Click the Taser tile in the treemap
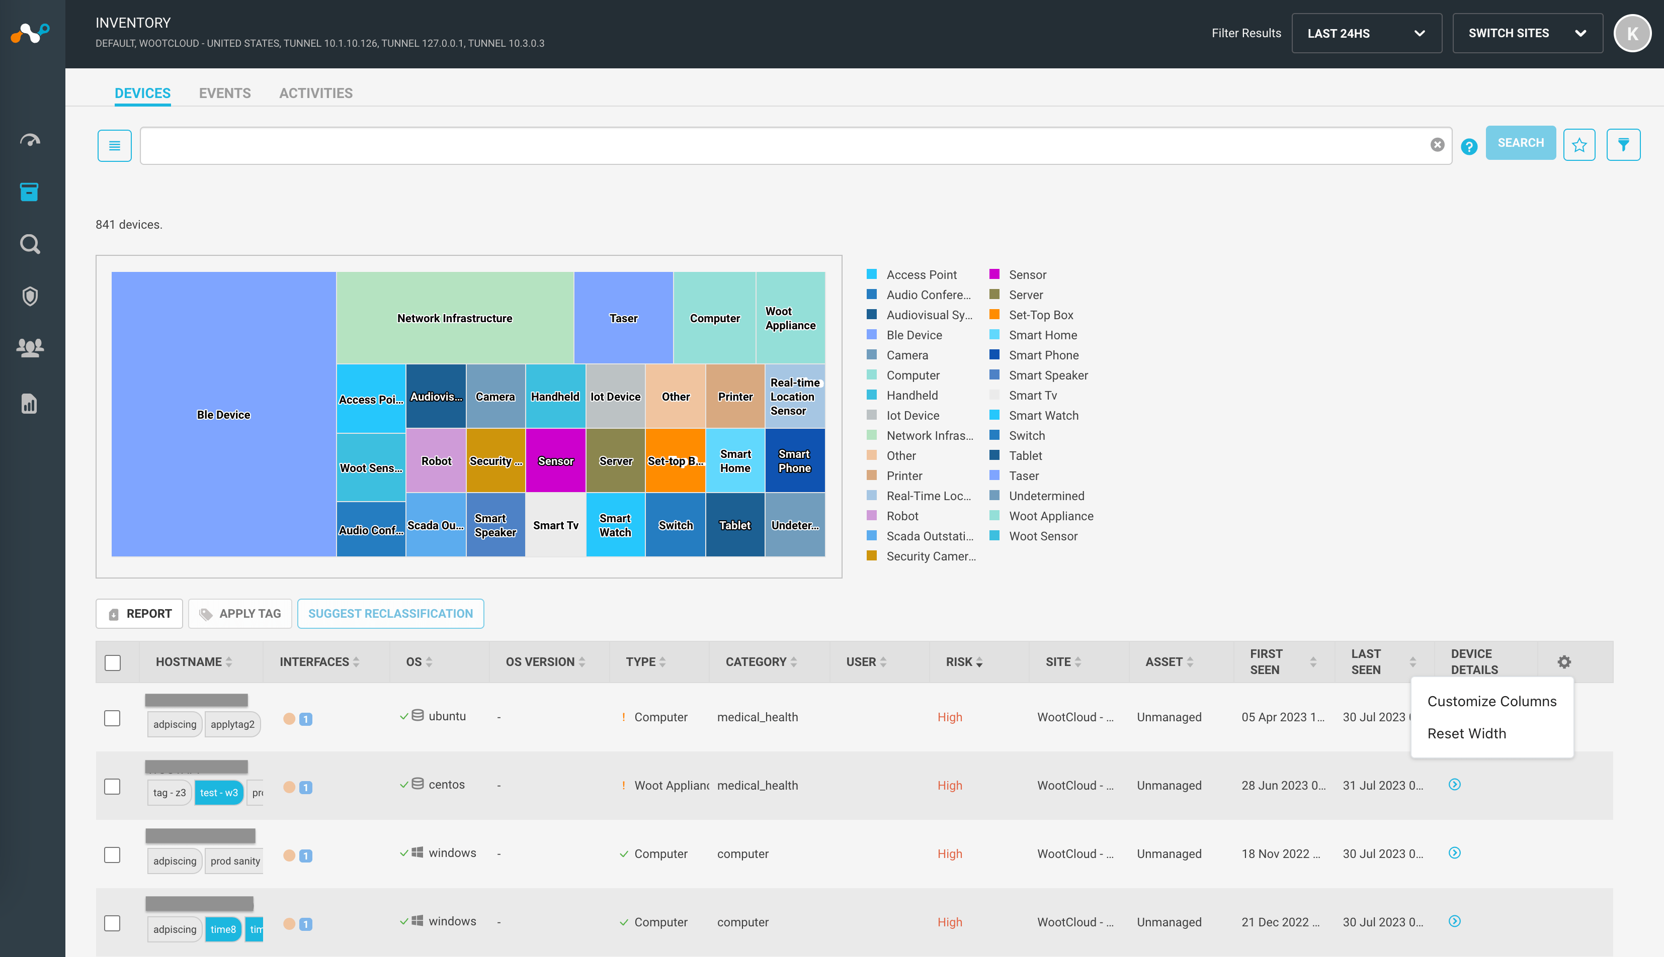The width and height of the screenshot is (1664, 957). click(623, 318)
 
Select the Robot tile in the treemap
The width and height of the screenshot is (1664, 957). click(436, 461)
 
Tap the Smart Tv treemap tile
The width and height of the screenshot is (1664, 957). click(555, 525)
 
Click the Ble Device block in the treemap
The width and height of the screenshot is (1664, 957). click(224, 415)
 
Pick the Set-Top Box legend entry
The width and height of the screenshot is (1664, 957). click(1040, 315)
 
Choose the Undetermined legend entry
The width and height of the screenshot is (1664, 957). click(1046, 496)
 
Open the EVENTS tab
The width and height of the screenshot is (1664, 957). click(224, 93)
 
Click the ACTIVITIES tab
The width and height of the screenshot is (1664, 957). click(316, 93)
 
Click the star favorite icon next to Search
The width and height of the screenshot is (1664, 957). click(1578, 145)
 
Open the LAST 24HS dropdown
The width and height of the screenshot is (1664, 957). click(1366, 33)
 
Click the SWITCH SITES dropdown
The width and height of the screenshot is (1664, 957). click(1527, 33)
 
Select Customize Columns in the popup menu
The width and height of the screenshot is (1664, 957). click(1491, 701)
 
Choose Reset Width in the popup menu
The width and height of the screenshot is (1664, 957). click(1466, 733)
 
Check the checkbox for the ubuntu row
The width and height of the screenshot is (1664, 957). click(113, 718)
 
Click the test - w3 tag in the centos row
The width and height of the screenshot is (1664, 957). click(218, 793)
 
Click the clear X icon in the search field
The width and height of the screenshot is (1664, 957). click(1437, 145)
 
